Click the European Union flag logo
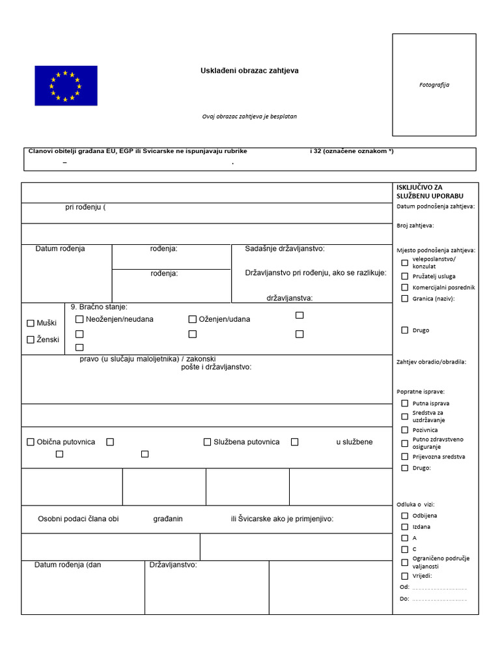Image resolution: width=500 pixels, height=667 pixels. coord(66,85)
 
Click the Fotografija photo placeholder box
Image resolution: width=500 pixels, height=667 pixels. coord(434,85)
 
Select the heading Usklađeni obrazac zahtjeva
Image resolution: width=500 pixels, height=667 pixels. coord(249,70)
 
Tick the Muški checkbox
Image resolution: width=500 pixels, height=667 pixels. coord(31,323)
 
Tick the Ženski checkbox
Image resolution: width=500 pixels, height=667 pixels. coord(31,339)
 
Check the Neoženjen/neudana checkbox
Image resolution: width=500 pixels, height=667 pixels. coord(79,319)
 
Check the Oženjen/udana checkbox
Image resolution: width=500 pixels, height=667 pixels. coord(193,319)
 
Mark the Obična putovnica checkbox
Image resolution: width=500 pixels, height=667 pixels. coord(31,442)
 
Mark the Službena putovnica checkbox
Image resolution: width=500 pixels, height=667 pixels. coord(208,442)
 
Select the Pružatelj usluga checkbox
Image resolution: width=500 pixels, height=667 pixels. coord(405,276)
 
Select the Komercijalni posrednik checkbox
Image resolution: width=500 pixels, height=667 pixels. coord(405,287)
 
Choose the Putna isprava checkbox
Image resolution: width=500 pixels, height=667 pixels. coord(405,403)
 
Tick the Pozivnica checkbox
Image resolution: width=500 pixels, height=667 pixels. coord(405,430)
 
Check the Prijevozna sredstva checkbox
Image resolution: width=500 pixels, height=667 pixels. coord(405,457)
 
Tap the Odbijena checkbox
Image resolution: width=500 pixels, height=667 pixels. coord(405,515)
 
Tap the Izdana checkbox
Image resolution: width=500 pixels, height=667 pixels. coord(405,526)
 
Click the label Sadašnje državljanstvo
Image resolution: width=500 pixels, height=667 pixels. coord(285,249)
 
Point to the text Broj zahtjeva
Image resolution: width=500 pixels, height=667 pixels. coord(415,225)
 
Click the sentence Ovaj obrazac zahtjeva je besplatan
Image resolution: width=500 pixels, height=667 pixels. coord(249,117)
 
